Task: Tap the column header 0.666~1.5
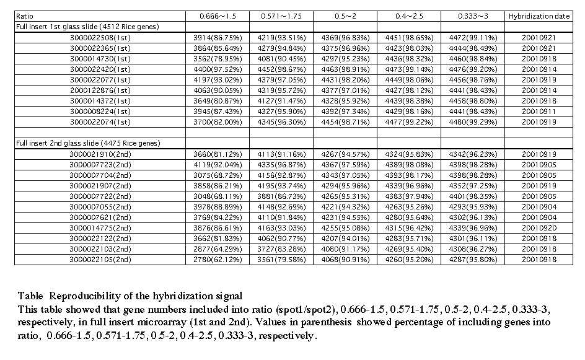[217, 15]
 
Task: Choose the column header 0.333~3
[472, 15]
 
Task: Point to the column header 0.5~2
[344, 15]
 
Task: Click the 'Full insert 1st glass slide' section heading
[87, 27]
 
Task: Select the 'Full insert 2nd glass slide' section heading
[88, 143]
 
